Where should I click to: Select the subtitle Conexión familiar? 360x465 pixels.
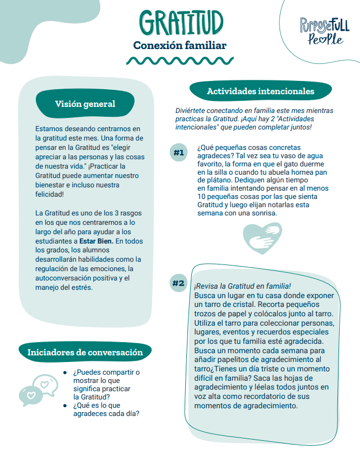click(180, 45)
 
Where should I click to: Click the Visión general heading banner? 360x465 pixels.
click(85, 104)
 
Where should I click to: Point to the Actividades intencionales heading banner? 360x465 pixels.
click(260, 91)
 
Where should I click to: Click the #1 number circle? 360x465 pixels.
click(178, 153)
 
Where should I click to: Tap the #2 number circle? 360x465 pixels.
click(178, 283)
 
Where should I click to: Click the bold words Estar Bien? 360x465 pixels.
click(95, 241)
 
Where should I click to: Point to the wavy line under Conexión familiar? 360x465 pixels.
click(180, 60)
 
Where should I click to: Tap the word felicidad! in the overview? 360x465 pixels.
click(49, 194)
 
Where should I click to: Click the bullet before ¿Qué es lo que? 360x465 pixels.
click(65, 406)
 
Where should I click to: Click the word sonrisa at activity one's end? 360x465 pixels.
click(259, 213)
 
